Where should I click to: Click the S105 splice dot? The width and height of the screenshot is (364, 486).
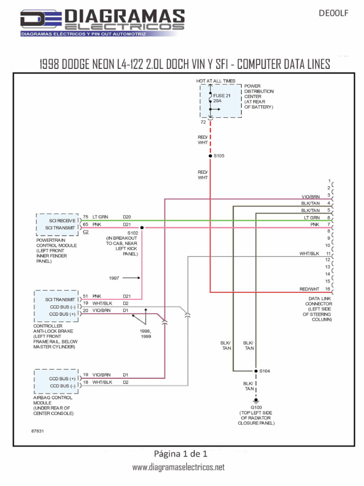(x=210, y=156)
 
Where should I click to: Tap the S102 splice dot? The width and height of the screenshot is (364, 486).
(x=142, y=228)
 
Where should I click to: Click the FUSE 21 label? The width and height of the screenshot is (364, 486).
(x=222, y=96)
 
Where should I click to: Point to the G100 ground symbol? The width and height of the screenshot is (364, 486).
(x=256, y=401)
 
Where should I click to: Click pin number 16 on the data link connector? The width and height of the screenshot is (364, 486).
(x=328, y=289)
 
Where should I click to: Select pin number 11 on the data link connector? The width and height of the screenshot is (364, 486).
(x=328, y=253)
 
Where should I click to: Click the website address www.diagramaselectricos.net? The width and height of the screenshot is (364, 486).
(x=178, y=467)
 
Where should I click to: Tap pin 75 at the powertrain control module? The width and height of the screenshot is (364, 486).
(x=86, y=217)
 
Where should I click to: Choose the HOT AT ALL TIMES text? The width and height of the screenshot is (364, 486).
(x=216, y=81)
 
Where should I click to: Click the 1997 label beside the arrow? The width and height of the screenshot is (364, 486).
(x=114, y=278)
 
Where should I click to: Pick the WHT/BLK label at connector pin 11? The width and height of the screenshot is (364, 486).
(x=309, y=253)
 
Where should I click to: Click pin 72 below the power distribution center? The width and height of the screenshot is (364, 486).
(x=203, y=122)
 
